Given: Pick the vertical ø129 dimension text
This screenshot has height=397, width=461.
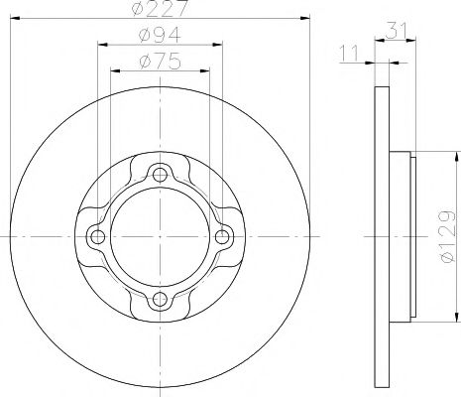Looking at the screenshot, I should (445, 235).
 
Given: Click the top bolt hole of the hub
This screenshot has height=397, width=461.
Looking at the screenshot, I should (159, 175).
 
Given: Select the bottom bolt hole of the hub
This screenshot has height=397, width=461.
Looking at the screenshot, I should (159, 300).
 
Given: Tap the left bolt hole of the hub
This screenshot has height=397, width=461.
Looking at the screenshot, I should (96, 237).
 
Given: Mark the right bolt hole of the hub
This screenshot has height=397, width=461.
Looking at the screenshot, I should (221, 237).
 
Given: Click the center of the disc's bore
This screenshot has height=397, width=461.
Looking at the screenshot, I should (159, 237).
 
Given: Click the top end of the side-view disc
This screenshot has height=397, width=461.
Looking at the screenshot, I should (382, 92).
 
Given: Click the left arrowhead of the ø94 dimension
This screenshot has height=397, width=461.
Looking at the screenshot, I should (102, 46).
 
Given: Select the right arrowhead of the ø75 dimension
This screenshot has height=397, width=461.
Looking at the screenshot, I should (206, 71).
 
